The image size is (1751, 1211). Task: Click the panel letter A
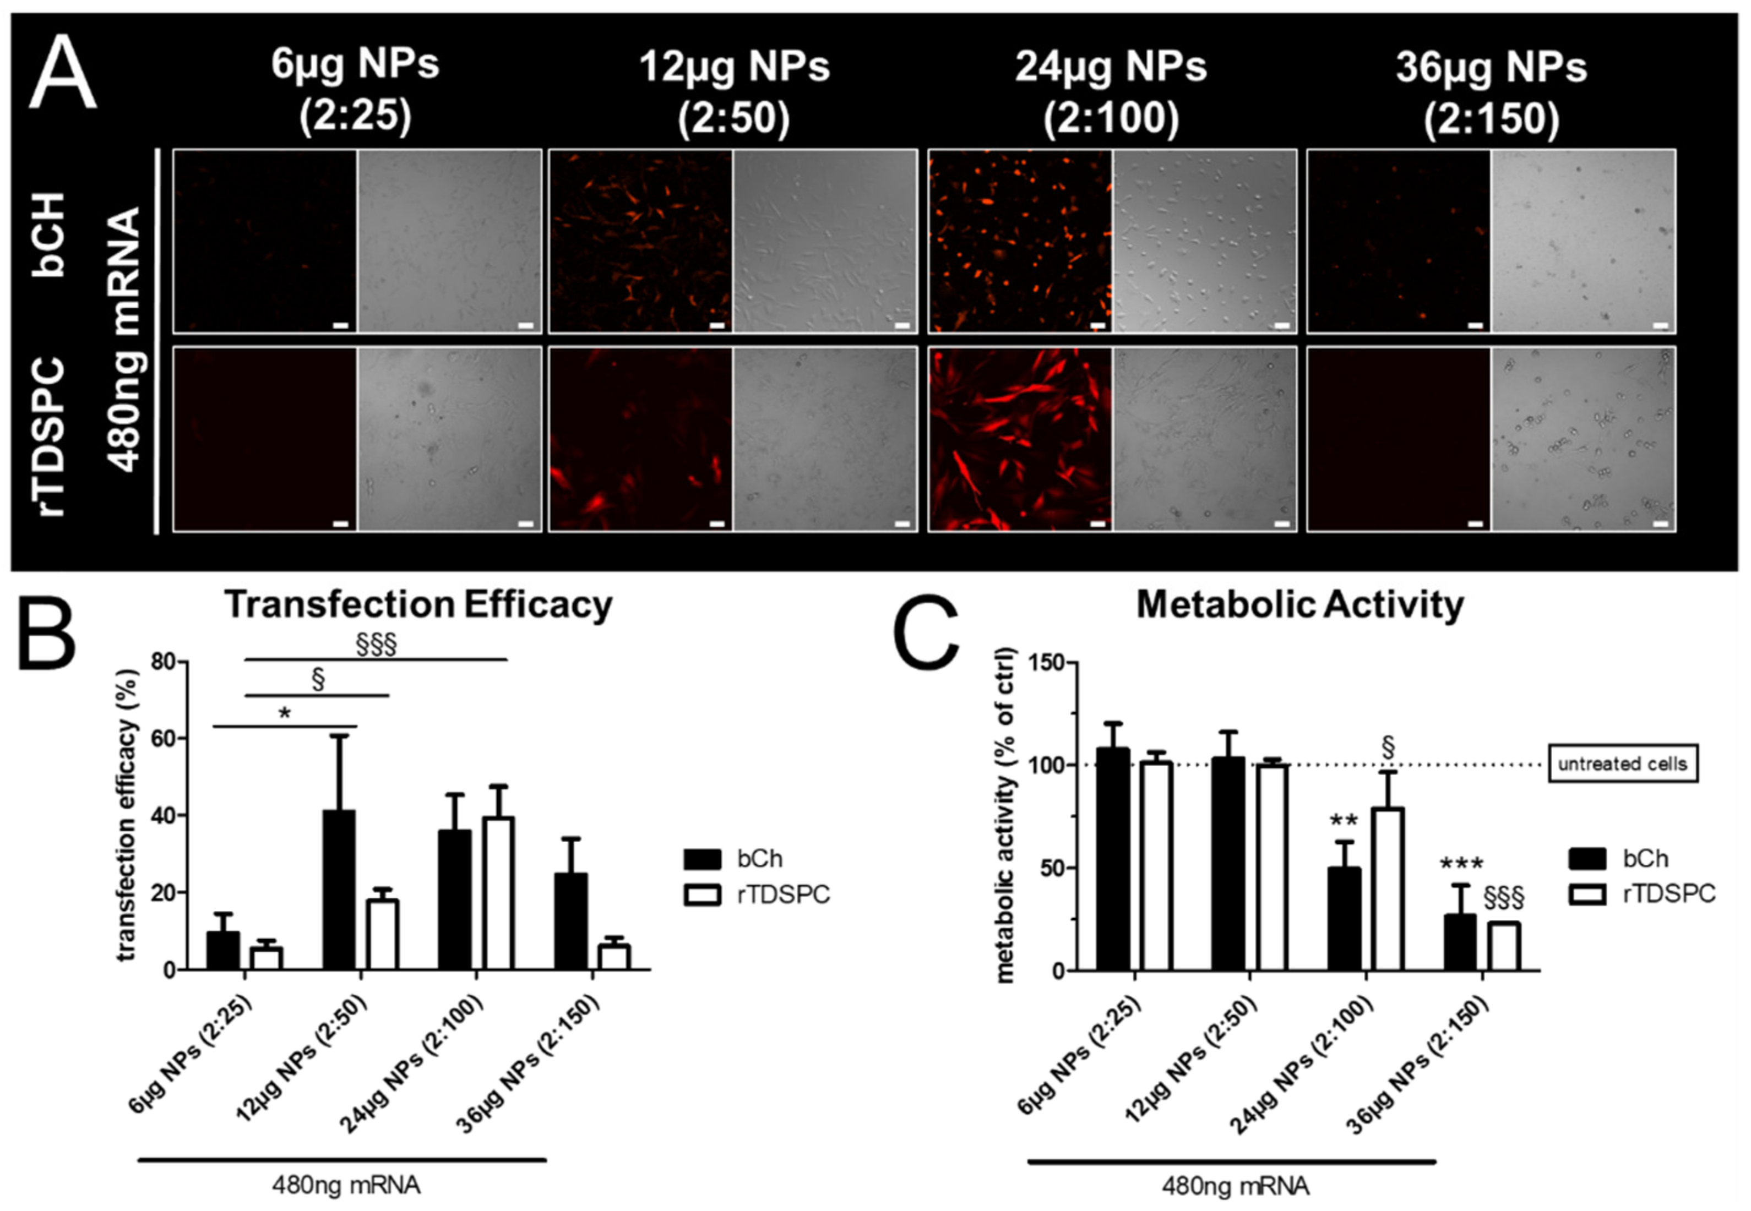coord(62,74)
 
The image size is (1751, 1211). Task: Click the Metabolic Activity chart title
coord(1299,605)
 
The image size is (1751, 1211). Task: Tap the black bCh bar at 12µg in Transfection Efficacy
coord(339,890)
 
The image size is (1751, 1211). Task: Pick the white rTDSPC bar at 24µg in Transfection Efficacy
coord(498,893)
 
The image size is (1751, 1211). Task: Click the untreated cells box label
coord(1622,764)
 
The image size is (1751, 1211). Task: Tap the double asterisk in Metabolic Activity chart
coord(1344,822)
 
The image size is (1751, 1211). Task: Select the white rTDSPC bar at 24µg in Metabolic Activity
coord(1386,888)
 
